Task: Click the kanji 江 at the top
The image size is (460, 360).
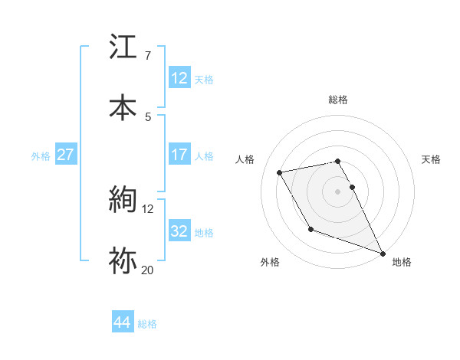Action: click(123, 48)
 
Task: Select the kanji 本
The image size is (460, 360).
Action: click(123, 106)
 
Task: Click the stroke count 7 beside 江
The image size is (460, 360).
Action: click(147, 56)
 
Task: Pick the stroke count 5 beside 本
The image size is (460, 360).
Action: click(147, 116)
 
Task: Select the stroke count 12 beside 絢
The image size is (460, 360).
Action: click(148, 208)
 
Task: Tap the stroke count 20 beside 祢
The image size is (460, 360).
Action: click(148, 269)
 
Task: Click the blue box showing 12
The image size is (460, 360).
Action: click(179, 78)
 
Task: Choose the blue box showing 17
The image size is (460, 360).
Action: click(179, 155)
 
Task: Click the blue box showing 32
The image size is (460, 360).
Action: click(179, 231)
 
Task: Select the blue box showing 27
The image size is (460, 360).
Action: click(65, 155)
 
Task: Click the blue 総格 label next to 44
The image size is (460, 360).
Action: click(147, 324)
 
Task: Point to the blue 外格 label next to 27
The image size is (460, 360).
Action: click(41, 156)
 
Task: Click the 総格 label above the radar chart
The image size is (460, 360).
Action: click(338, 100)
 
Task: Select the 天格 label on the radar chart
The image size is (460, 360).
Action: click(432, 159)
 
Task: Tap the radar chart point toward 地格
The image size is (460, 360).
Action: click(383, 253)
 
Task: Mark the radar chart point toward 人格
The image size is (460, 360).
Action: click(280, 172)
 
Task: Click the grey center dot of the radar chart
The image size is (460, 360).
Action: click(338, 191)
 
